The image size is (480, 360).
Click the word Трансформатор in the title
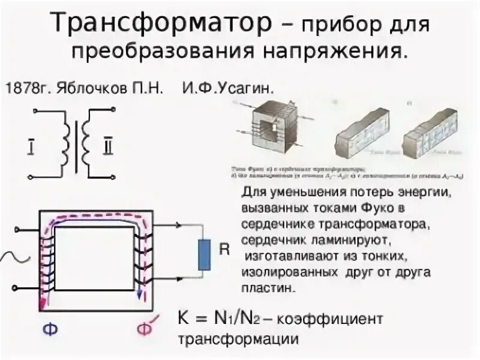(161, 24)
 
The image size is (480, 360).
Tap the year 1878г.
(29, 88)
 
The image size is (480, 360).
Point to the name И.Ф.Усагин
(229, 88)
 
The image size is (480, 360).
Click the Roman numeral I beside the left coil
(31, 146)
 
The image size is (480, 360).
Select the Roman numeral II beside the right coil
(107, 146)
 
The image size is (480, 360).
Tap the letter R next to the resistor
(224, 250)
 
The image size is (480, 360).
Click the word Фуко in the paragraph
(377, 208)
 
